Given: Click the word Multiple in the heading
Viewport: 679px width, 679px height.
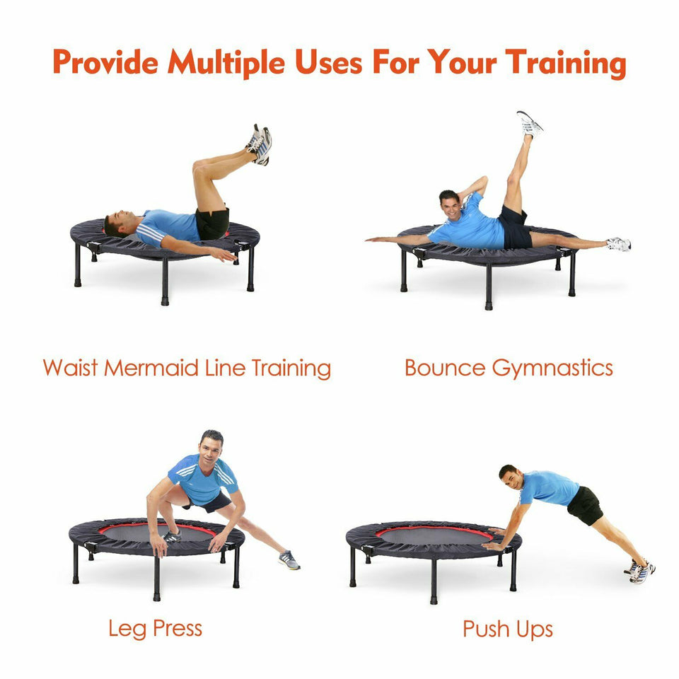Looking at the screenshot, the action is [x=226, y=62].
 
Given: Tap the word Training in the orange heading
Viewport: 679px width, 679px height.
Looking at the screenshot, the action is [x=566, y=63].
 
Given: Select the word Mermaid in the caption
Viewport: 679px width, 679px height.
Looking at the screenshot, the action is [x=151, y=368].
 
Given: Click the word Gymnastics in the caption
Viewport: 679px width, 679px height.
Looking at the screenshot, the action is [x=552, y=369].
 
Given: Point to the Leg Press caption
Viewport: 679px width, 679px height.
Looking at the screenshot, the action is [x=155, y=629].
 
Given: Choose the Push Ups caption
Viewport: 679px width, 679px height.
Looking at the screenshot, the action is [x=508, y=629].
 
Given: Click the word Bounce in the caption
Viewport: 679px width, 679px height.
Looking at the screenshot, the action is [x=445, y=368].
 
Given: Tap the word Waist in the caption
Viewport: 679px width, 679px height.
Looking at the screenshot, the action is [x=70, y=368].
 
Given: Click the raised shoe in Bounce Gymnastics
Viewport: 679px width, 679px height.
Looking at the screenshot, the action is [x=529, y=124].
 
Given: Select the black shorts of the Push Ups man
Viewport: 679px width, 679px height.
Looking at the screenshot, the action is [x=585, y=505].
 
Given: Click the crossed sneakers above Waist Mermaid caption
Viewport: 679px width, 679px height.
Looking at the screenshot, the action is [x=260, y=144].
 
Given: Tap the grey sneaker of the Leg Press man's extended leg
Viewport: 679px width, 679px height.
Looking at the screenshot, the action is [x=289, y=560].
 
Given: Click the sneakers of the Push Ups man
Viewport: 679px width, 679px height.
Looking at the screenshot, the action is [x=639, y=571].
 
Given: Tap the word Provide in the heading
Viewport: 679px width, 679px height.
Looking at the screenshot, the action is [x=105, y=62].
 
